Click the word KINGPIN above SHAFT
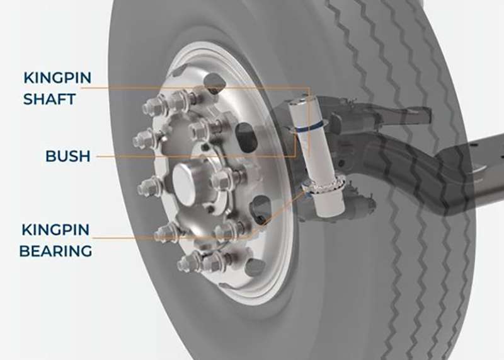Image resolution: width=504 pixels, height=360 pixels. coord(57,78)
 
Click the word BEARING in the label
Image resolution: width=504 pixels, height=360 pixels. coord(55,250)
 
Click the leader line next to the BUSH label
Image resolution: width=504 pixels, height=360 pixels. coord(189,155)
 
